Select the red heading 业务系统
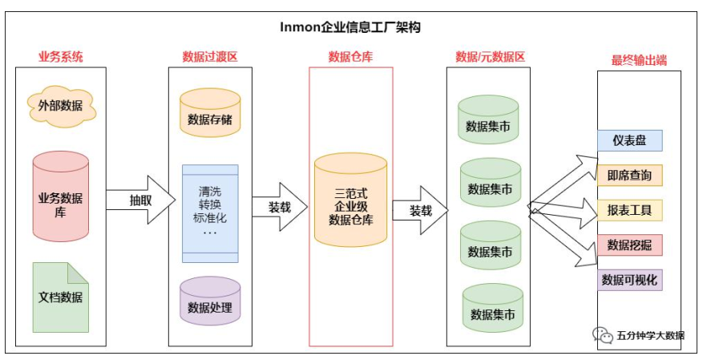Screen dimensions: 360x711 tap(61, 57)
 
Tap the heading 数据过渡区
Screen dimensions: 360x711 tap(210, 57)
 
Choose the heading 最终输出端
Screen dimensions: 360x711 tap(638, 60)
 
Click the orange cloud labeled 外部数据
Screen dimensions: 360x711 tap(61, 105)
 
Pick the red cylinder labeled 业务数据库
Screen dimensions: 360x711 tap(61, 196)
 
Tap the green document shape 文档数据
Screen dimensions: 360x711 tap(61, 297)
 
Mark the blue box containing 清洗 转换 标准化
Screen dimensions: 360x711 tap(210, 212)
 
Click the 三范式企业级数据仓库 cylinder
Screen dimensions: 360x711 tap(350, 200)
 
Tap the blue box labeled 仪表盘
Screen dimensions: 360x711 tap(629, 140)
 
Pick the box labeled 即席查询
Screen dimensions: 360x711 tap(629, 176)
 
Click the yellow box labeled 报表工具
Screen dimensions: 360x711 tap(629, 211)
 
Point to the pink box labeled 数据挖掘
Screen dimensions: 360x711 tap(629, 245)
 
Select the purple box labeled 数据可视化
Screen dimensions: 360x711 tap(629, 280)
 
